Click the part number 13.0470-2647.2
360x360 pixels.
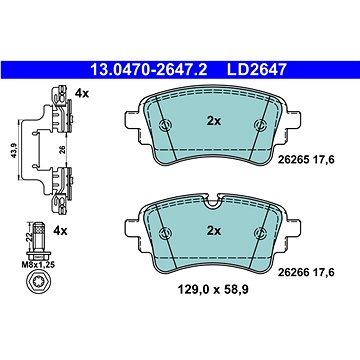[149, 70]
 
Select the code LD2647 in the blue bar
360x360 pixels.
[256, 70]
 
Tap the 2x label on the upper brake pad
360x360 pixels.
[214, 121]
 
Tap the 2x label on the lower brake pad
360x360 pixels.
[214, 230]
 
